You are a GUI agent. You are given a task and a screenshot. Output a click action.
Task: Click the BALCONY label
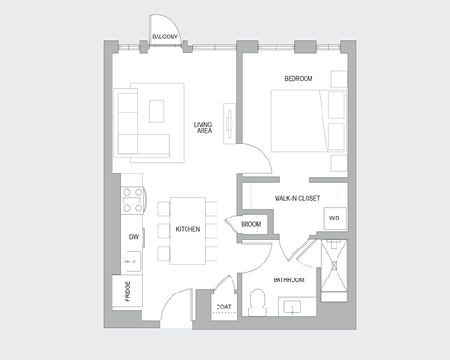click(x=166, y=37)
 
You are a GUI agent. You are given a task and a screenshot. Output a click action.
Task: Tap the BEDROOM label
click(x=298, y=78)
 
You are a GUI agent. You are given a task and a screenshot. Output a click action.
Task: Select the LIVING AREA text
click(x=203, y=127)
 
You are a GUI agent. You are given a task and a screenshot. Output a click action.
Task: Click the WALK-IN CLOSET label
click(x=297, y=199)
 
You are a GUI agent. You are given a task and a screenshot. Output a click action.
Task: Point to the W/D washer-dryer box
click(x=335, y=218)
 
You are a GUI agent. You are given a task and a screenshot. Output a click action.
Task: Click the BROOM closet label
click(x=250, y=224)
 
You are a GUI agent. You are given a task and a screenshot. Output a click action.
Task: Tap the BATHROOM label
click(x=288, y=280)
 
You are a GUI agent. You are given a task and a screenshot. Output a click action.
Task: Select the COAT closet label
click(x=224, y=307)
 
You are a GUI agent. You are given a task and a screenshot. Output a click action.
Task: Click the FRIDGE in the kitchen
click(x=127, y=292)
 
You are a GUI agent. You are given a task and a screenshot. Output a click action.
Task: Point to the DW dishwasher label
click(x=134, y=238)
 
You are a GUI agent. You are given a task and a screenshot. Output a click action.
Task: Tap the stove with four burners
click(x=133, y=199)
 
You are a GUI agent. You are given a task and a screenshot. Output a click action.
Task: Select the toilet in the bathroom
click(x=259, y=301)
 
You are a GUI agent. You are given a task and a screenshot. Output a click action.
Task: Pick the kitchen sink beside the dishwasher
click(x=134, y=262)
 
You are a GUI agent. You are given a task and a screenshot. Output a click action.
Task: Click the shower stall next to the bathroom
click(x=334, y=268)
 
